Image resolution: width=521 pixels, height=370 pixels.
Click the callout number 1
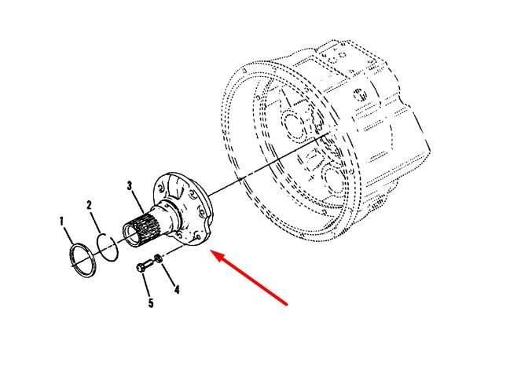(61, 222)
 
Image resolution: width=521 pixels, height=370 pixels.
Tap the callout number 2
(89, 205)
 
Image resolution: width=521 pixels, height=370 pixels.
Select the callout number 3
(130, 185)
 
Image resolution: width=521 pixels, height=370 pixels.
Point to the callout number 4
(177, 289)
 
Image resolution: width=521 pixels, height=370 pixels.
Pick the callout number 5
(151, 303)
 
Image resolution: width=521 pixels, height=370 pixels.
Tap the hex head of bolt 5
(140, 268)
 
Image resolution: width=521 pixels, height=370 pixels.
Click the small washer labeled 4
(158, 258)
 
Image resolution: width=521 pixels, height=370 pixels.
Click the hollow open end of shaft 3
(131, 235)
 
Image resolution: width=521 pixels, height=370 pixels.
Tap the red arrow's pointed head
(213, 252)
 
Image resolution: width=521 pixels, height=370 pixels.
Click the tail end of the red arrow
(287, 304)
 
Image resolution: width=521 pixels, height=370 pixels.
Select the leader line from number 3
(138, 202)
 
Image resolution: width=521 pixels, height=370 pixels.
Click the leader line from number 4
(168, 273)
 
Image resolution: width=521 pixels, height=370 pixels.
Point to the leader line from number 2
(96, 222)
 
